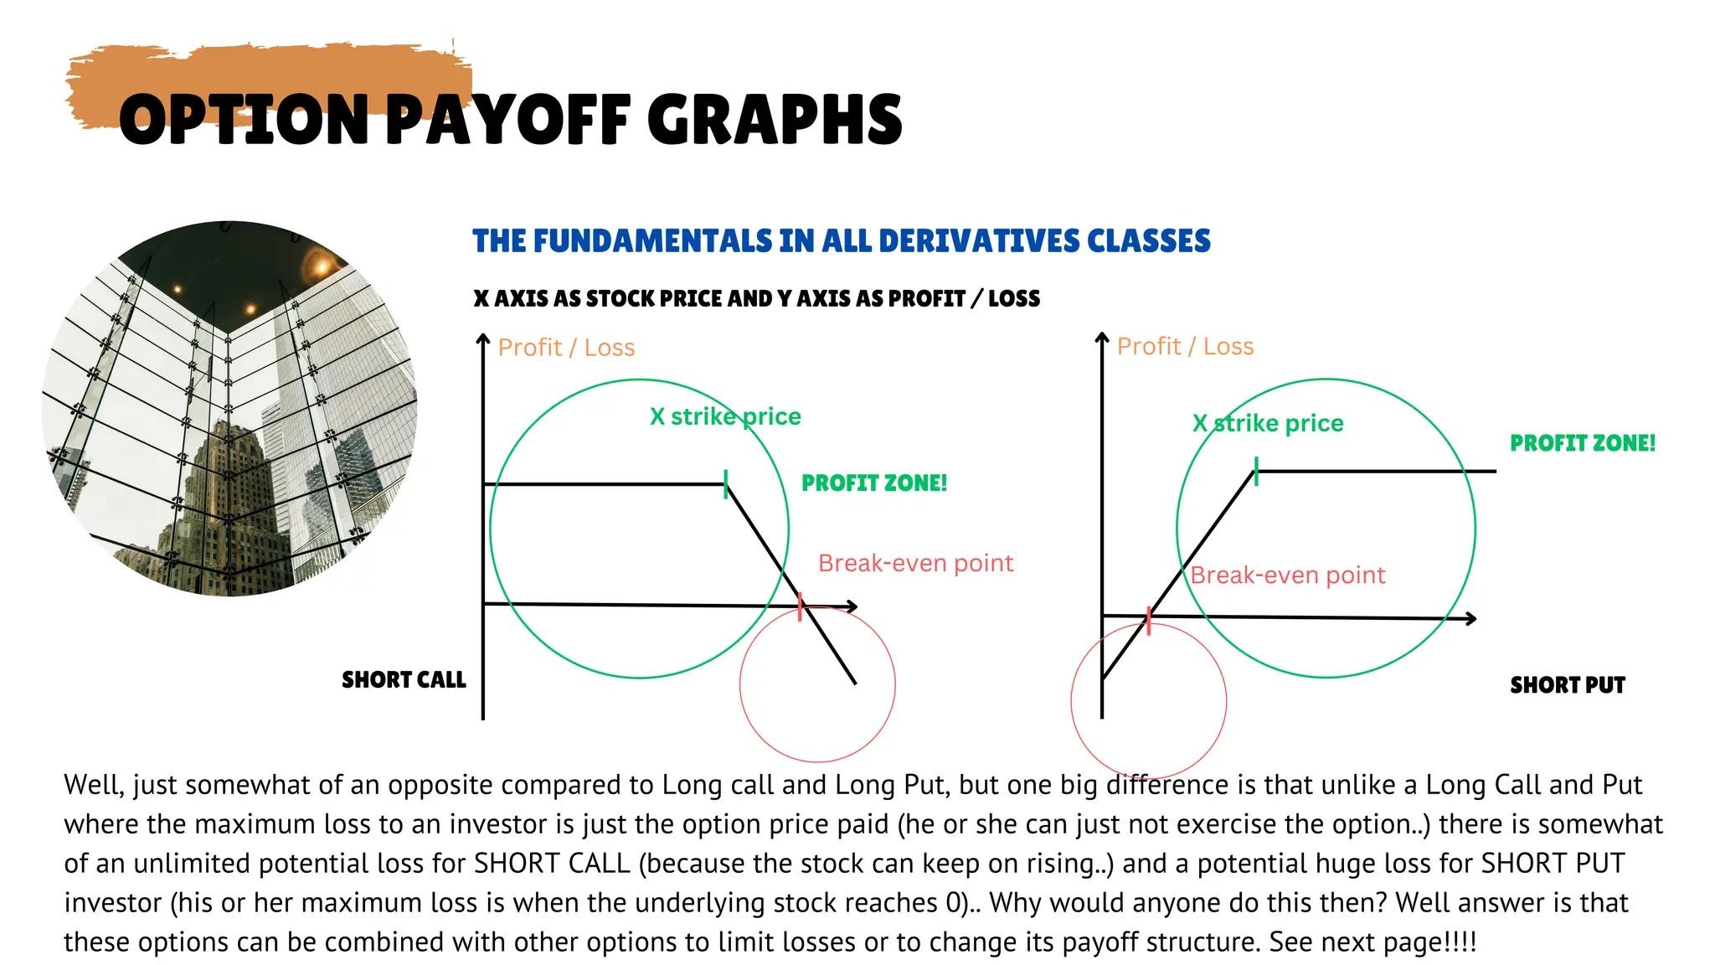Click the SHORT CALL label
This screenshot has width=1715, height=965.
(404, 679)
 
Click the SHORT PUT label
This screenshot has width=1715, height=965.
(1567, 685)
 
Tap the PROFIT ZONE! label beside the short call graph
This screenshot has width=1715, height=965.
(874, 483)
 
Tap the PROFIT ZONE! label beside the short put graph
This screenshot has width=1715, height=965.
(1583, 443)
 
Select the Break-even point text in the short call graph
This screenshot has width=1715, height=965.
(915, 563)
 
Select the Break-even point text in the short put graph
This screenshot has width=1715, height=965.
(1288, 575)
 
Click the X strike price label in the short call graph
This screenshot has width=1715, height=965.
(725, 416)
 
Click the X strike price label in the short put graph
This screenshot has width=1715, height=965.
(1268, 423)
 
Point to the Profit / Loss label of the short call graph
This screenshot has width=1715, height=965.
(566, 348)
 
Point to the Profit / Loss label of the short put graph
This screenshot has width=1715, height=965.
(1185, 347)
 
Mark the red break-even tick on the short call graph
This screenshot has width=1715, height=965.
(801, 607)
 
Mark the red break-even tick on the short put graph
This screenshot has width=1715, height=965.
(1148, 621)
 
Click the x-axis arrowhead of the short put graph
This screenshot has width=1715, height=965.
(1470, 619)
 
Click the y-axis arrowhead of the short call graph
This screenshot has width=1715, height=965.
(483, 339)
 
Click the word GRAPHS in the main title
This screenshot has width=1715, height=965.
(775, 120)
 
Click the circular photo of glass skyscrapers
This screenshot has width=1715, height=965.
(229, 409)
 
